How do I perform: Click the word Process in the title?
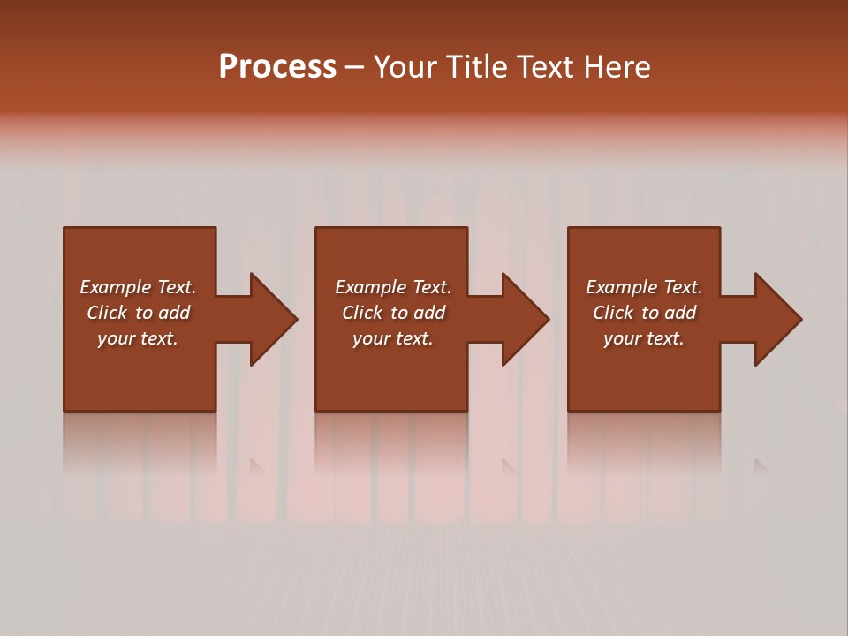(x=277, y=67)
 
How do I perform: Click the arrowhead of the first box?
(x=273, y=319)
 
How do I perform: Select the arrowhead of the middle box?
(x=525, y=319)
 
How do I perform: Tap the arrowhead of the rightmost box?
(x=777, y=319)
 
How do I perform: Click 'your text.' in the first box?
(x=138, y=338)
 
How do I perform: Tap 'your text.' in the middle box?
(x=393, y=338)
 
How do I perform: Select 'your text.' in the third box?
(x=644, y=338)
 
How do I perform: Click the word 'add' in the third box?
(x=680, y=313)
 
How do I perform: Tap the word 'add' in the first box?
(x=174, y=313)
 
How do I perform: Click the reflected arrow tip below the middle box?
(x=509, y=466)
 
